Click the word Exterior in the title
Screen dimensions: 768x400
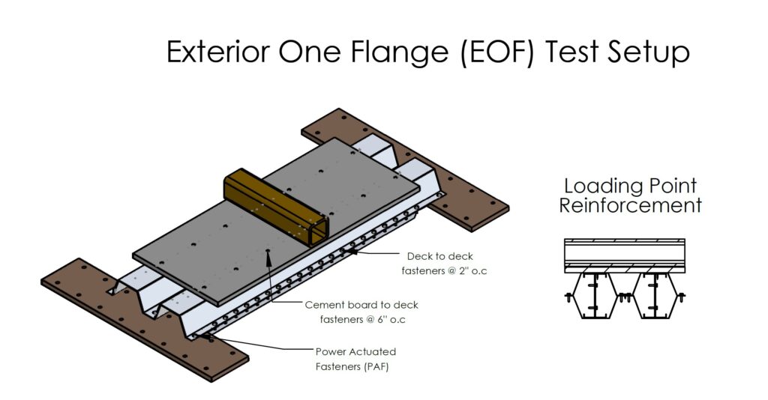click(218, 52)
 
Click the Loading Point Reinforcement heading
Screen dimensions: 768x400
click(630, 196)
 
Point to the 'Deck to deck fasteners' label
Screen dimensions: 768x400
click(444, 263)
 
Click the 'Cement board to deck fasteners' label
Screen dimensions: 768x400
click(362, 312)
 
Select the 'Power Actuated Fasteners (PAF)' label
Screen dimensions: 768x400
click(355, 359)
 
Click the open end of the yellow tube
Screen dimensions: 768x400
click(318, 231)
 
